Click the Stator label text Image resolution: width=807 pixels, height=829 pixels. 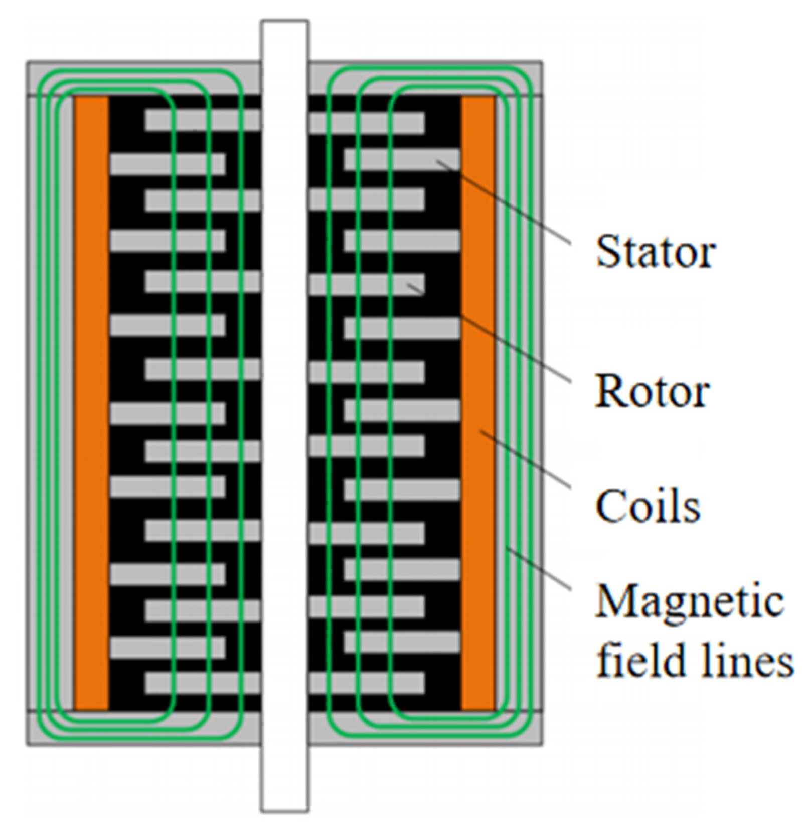[x=655, y=252]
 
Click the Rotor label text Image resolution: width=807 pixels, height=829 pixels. [x=652, y=391]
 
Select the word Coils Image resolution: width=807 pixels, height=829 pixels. [x=648, y=507]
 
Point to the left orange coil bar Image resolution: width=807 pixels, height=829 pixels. [x=92, y=401]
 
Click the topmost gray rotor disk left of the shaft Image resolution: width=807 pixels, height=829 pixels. [x=201, y=121]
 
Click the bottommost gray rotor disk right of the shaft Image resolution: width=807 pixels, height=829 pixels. [x=366, y=683]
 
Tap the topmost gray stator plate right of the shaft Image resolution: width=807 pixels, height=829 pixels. [x=401, y=159]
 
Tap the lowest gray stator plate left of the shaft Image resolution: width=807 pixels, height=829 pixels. [x=166, y=647]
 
